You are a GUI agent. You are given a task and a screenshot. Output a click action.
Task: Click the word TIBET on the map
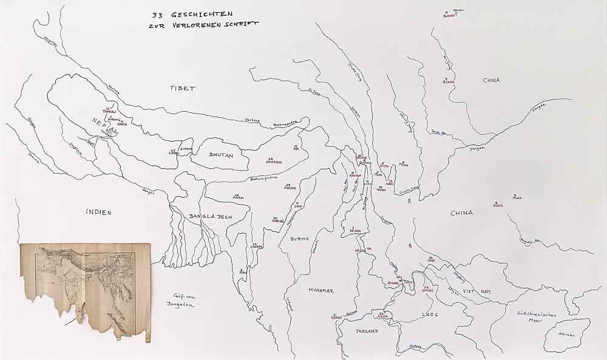click(x=183, y=89)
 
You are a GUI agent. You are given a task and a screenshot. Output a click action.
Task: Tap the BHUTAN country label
click(x=221, y=155)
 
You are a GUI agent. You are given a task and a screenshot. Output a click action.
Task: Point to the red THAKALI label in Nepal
click(x=109, y=112)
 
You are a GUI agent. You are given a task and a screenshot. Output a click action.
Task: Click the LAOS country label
click(x=430, y=314)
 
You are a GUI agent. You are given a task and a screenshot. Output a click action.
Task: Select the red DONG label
click(x=498, y=206)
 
